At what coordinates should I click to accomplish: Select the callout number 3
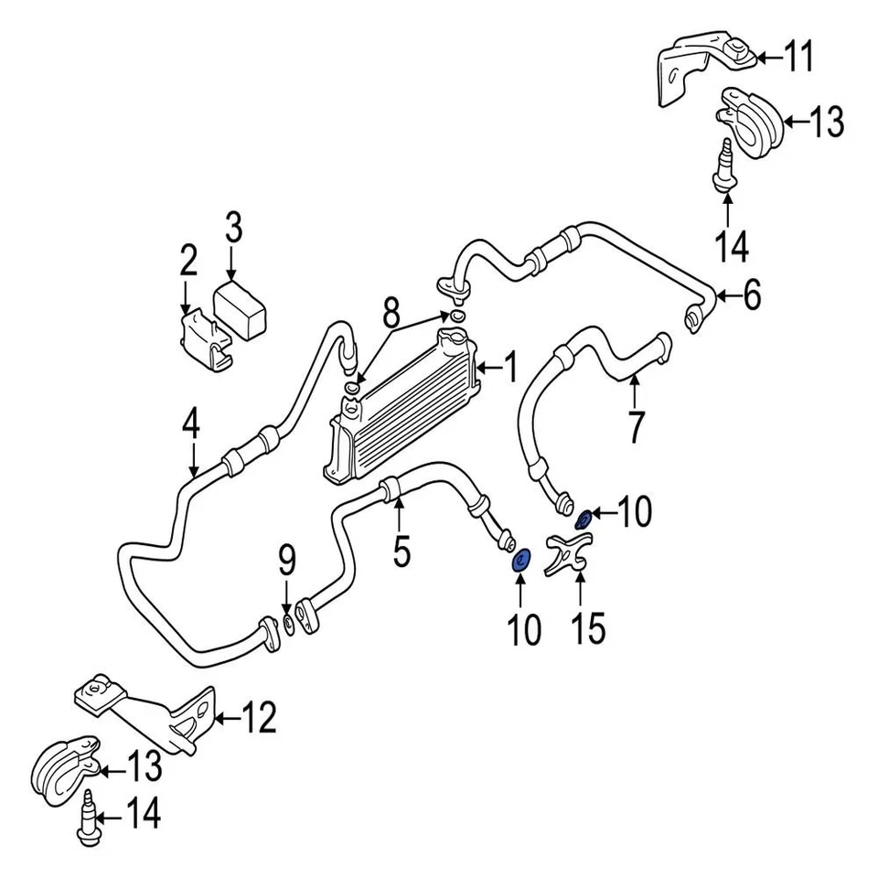233,228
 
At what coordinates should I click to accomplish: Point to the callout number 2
187,262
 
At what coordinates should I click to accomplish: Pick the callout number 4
190,425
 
